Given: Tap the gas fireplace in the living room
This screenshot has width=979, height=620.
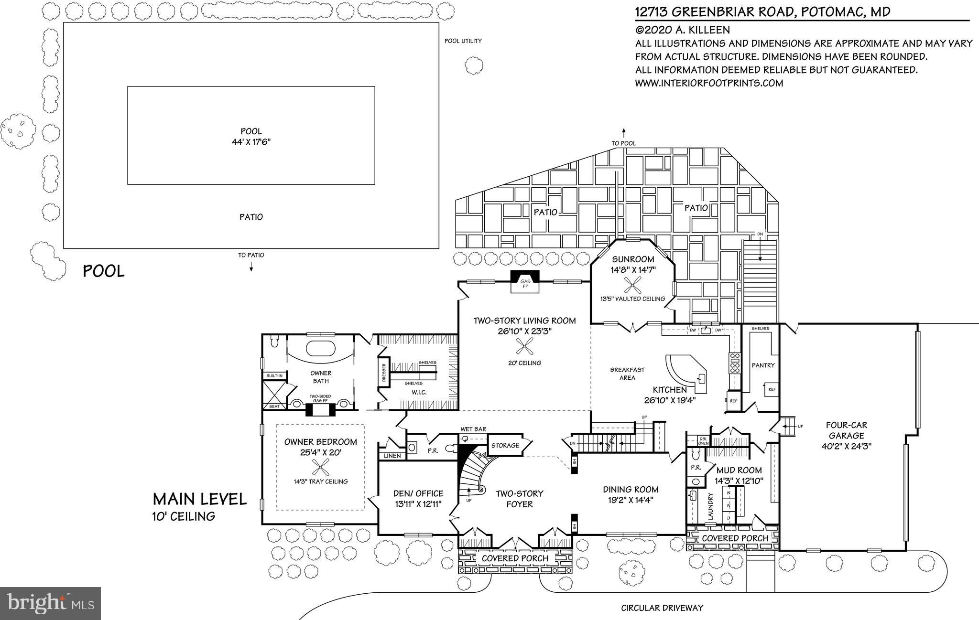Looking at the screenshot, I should (525, 282).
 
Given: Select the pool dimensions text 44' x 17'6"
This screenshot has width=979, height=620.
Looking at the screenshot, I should (251, 142).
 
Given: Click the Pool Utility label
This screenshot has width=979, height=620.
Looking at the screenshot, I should (463, 41).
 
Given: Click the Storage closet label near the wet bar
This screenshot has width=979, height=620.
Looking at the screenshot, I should (505, 446).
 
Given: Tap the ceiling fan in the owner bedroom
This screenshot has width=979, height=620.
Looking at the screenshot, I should (320, 466).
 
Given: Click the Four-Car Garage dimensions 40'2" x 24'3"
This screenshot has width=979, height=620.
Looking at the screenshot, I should (846, 447).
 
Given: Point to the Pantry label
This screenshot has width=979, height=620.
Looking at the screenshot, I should (763, 365).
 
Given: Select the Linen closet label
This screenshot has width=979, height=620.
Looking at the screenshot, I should (392, 456).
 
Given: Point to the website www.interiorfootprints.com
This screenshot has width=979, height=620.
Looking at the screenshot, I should (709, 83).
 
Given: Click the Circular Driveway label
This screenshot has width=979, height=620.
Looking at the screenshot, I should (662, 608).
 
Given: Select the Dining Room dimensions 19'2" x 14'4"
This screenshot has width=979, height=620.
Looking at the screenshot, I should (631, 500).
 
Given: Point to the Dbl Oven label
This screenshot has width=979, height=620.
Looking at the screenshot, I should (704, 440).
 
